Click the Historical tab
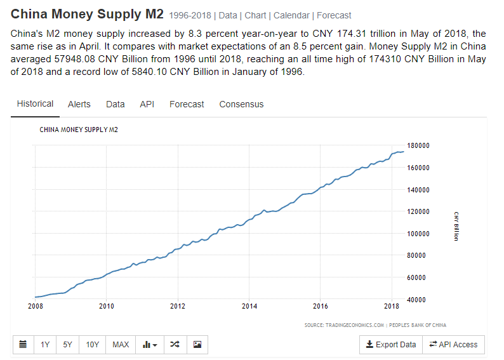[x=35, y=103]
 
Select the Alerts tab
[x=79, y=104]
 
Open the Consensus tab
[x=241, y=104]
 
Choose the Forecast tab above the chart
[x=187, y=104]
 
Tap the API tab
[x=147, y=104]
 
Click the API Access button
[x=453, y=344]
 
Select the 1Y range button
[x=45, y=344]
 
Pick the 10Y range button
[x=93, y=344]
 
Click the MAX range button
[x=121, y=344]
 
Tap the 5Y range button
[x=67, y=344]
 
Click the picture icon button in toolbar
[x=197, y=344]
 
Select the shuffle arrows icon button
[x=175, y=344]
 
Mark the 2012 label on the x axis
[x=178, y=307]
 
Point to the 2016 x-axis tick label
[x=321, y=307]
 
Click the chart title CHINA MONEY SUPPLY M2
[x=79, y=130]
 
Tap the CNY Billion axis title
[x=456, y=226]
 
